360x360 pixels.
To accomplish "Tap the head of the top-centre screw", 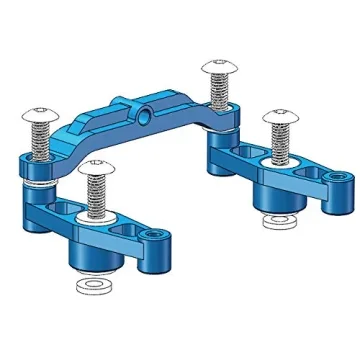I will click(218, 67).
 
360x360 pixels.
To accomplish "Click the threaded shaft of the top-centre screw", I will click(218, 89).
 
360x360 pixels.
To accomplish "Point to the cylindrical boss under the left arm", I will click(97, 258).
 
